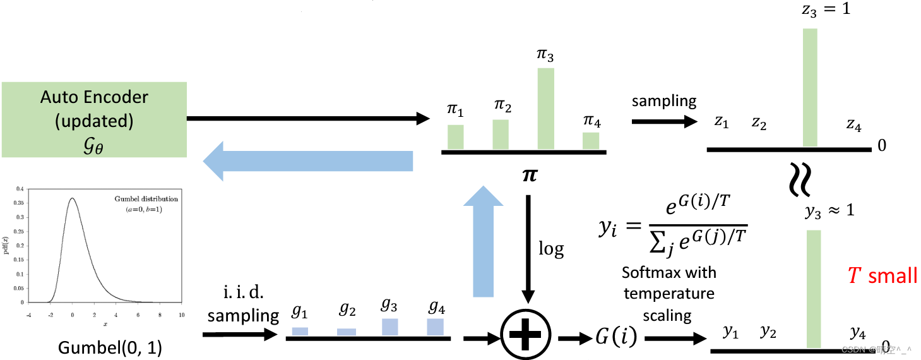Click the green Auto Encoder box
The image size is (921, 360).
[x=93, y=119]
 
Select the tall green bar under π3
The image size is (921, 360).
[x=545, y=108]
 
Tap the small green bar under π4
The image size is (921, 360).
[x=591, y=140]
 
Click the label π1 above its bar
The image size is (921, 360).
[x=455, y=111]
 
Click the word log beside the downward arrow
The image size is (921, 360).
[x=550, y=249]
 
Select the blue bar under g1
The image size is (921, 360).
[x=300, y=331]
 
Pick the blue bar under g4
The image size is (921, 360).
[x=436, y=327]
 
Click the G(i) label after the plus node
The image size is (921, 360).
[x=615, y=338]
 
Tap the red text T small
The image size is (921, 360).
[x=882, y=275]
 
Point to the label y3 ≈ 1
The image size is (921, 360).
[x=829, y=210]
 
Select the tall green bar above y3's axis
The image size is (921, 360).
[x=813, y=289]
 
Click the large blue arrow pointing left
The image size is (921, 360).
[x=307, y=161]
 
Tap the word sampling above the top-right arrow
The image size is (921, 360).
[x=664, y=100]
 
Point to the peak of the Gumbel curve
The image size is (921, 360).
[x=73, y=198]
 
